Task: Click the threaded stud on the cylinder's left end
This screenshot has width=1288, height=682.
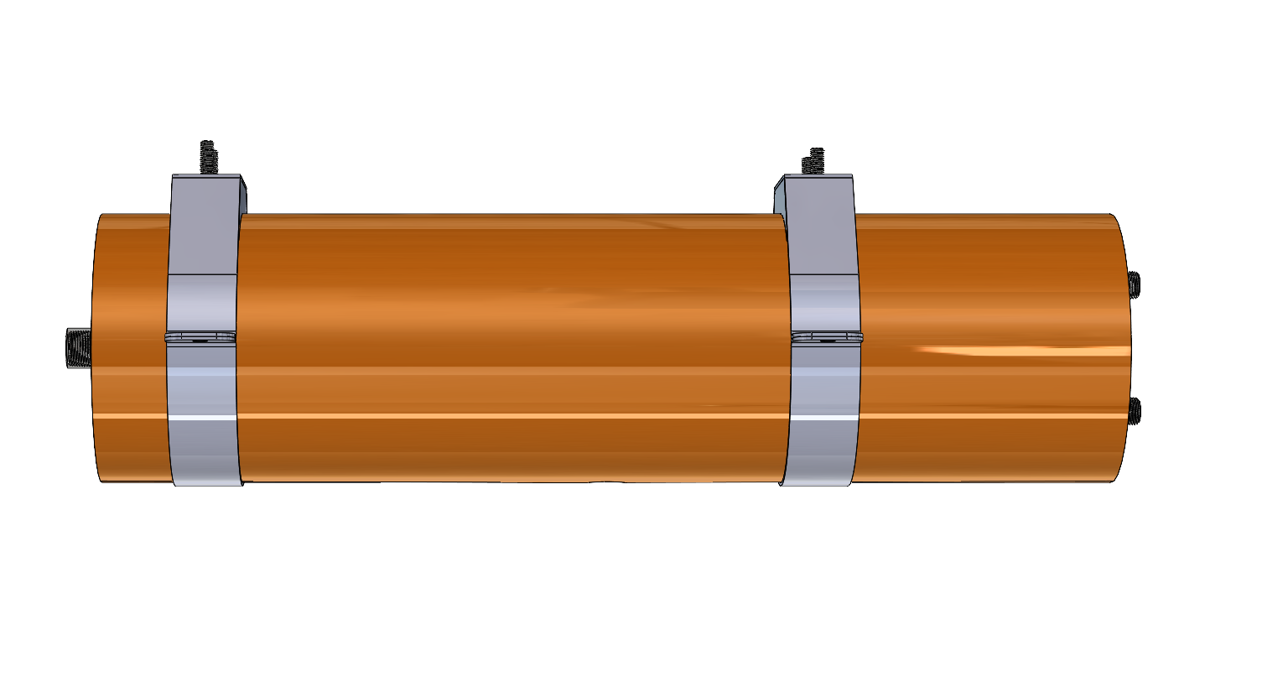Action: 78,348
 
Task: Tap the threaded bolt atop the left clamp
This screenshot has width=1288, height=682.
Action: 207,157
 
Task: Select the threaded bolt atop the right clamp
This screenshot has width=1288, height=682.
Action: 813,161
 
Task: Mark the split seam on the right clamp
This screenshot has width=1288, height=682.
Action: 827,337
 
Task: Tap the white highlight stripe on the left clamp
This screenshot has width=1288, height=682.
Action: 201,416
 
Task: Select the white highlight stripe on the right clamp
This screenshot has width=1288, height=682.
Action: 823,416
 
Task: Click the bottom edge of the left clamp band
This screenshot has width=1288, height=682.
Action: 207,484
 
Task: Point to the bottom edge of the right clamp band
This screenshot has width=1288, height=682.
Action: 816,484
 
